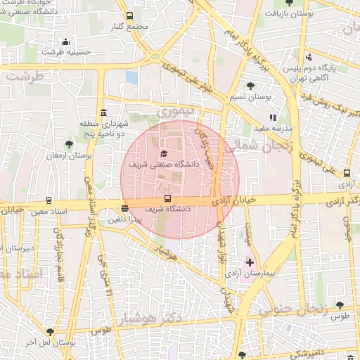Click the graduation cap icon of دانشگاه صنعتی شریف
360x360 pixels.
click(x=164, y=153)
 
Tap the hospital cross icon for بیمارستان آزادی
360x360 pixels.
click(x=250, y=262)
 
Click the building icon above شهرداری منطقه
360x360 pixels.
click(x=104, y=113)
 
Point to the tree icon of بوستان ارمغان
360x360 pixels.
click(x=68, y=143)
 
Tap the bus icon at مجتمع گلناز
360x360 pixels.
click(x=129, y=15)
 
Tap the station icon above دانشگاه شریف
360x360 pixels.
click(x=167, y=199)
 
